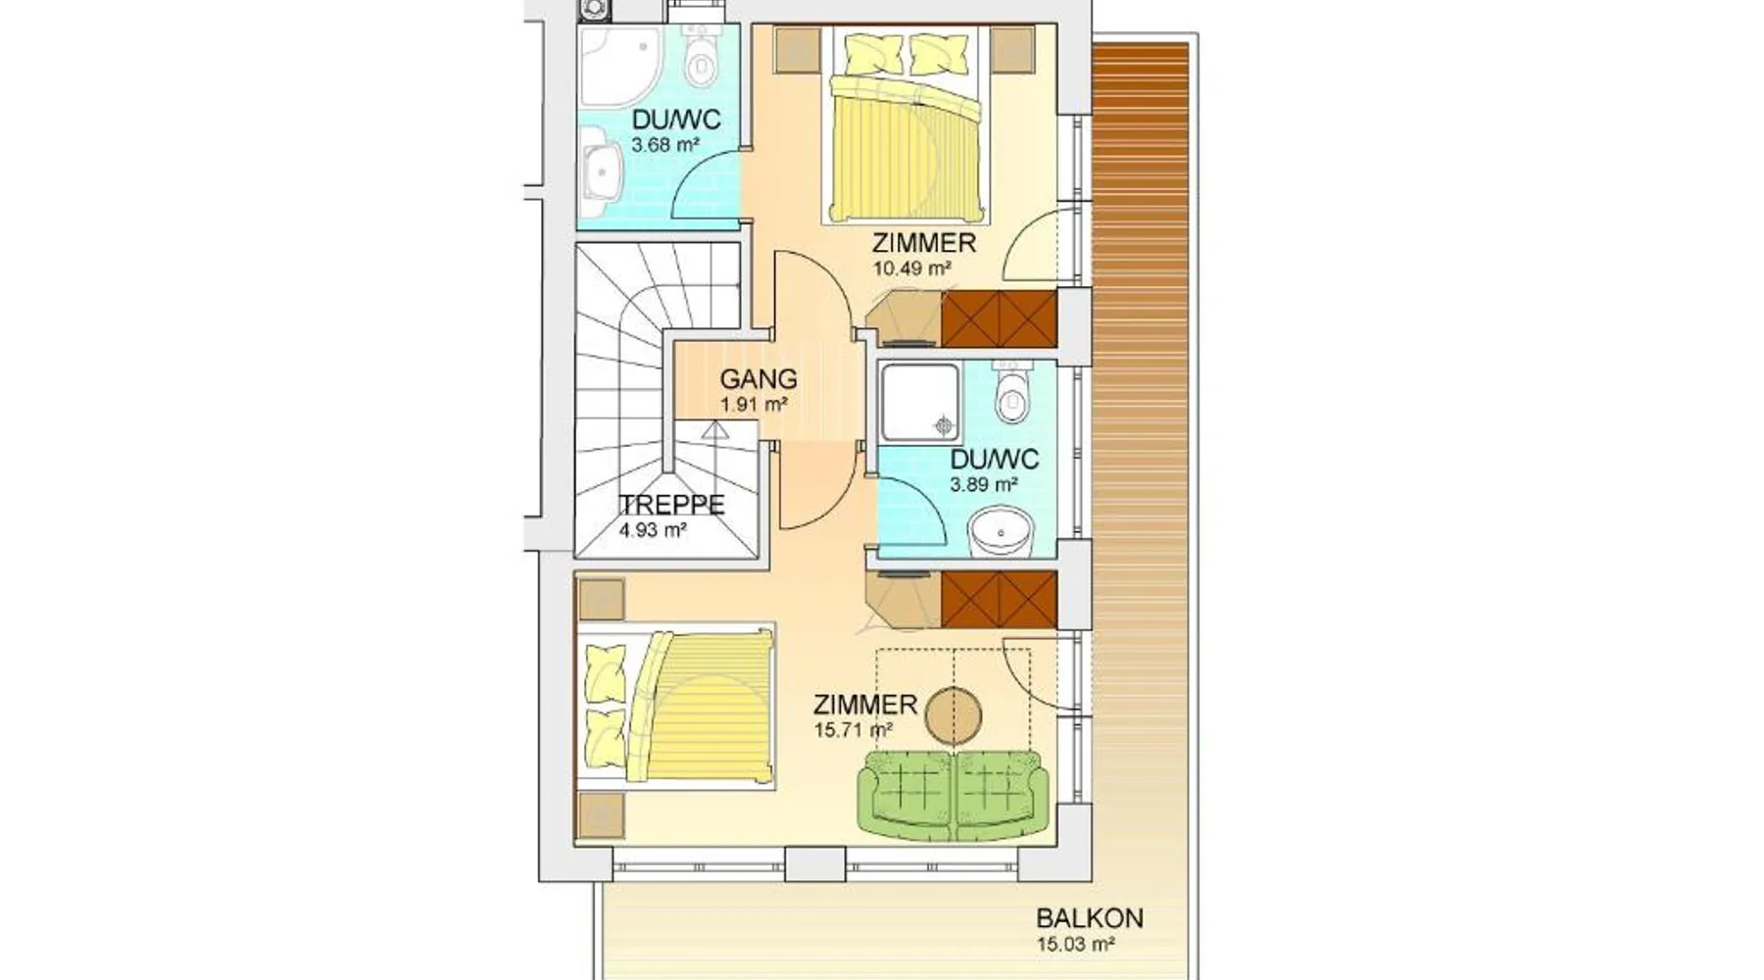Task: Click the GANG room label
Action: (759, 378)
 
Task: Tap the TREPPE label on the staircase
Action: (672, 505)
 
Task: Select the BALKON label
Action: (1090, 918)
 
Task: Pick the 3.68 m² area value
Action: (665, 146)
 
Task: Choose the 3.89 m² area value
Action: (984, 484)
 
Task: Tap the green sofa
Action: (953, 795)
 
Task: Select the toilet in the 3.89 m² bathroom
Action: (1011, 392)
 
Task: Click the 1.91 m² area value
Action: (755, 403)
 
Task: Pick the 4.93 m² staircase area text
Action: (653, 530)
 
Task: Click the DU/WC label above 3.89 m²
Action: (995, 460)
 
